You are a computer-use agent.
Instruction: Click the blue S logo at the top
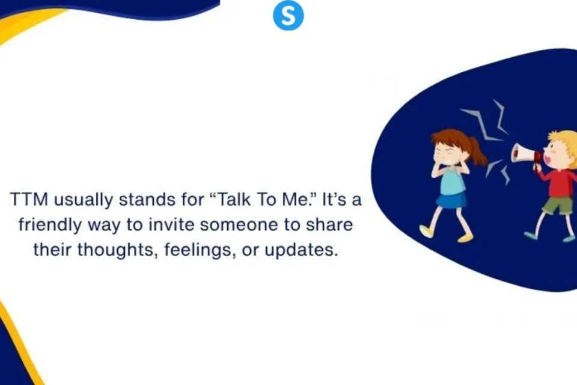point(288,16)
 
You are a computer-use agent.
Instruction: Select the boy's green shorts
point(558,206)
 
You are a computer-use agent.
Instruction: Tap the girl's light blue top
point(451,179)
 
